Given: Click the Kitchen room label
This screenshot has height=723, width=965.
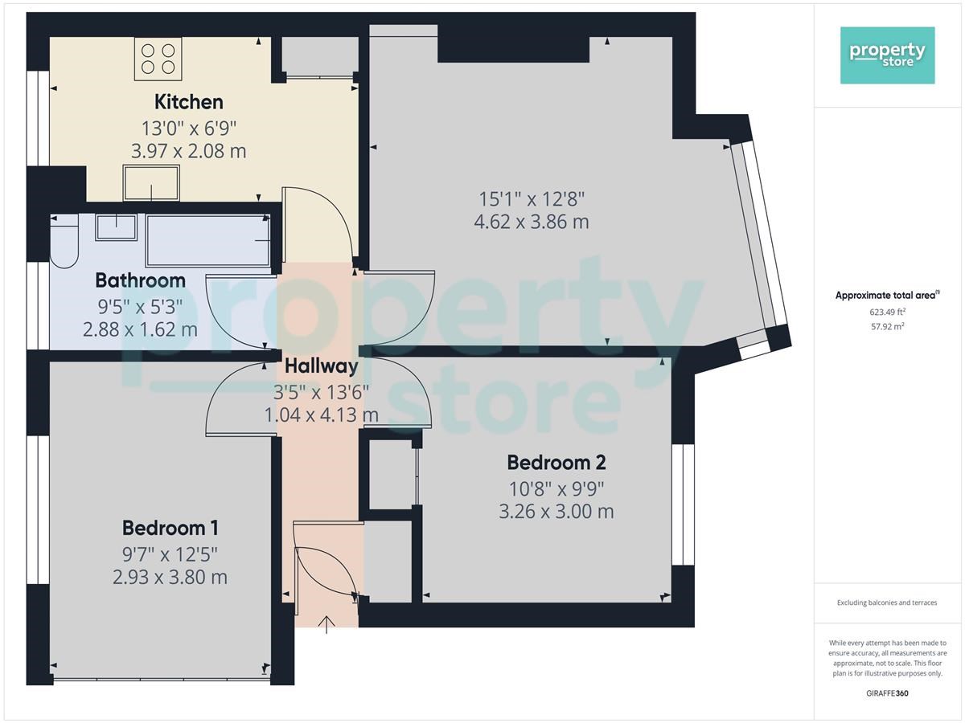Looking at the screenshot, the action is coord(189,102).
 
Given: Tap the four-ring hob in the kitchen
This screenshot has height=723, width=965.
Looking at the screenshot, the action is coord(158,59).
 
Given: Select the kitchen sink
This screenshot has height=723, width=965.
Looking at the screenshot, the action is coord(151,182).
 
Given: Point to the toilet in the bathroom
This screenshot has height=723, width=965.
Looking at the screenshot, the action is coord(64,241).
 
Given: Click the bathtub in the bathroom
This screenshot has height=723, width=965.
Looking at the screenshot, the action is coord(208,240).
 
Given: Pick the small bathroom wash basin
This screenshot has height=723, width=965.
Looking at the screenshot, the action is coord(116,227).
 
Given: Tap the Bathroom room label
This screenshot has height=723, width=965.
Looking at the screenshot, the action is coord(140,280).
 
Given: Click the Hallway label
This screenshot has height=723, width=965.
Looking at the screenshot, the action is coord(322,366).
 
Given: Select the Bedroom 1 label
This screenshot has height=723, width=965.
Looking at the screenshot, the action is coord(170,528).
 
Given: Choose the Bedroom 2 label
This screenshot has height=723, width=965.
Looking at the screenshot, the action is coord(556,463).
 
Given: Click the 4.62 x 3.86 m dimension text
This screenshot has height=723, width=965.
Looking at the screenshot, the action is coord(532,222).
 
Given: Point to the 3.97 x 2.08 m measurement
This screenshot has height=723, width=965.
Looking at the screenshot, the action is coord(189,151).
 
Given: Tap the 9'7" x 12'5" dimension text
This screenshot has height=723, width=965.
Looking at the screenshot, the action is coord(170,555).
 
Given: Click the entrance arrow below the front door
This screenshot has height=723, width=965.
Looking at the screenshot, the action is coord(326,625).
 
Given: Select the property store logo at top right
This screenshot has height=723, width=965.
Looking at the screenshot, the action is coord(888,55).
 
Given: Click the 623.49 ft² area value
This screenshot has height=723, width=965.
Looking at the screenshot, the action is coord(888,312).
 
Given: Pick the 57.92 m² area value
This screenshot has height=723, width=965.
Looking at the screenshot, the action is coord(888,326).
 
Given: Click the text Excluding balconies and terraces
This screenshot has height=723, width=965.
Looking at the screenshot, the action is coord(887,602).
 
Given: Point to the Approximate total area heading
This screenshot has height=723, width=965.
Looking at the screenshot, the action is coord(888,295).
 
